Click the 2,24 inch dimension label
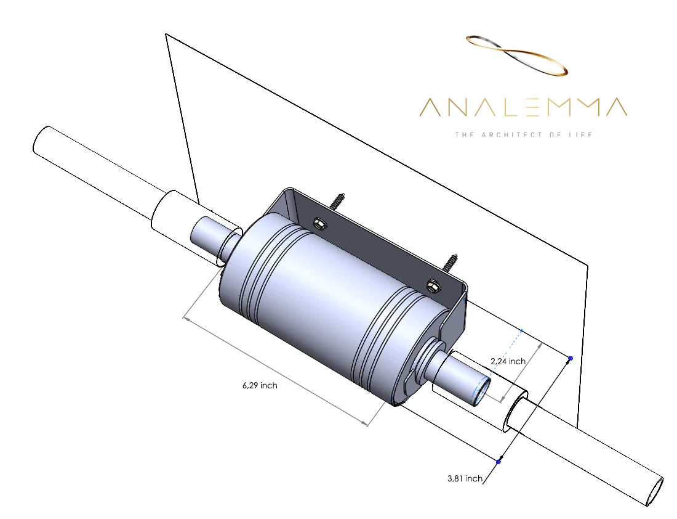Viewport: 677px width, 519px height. [x=508, y=361]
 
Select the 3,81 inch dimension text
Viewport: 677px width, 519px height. [x=465, y=478]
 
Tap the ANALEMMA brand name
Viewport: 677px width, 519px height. [x=523, y=107]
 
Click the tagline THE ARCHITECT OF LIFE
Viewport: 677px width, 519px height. [x=523, y=134]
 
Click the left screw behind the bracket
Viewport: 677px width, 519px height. [x=338, y=201]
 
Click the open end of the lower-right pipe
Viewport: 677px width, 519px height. [x=655, y=491]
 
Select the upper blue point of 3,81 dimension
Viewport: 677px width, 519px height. [x=571, y=358]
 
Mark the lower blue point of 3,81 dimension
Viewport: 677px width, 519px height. [x=499, y=461]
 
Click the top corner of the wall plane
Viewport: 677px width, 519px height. [x=166, y=35]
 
